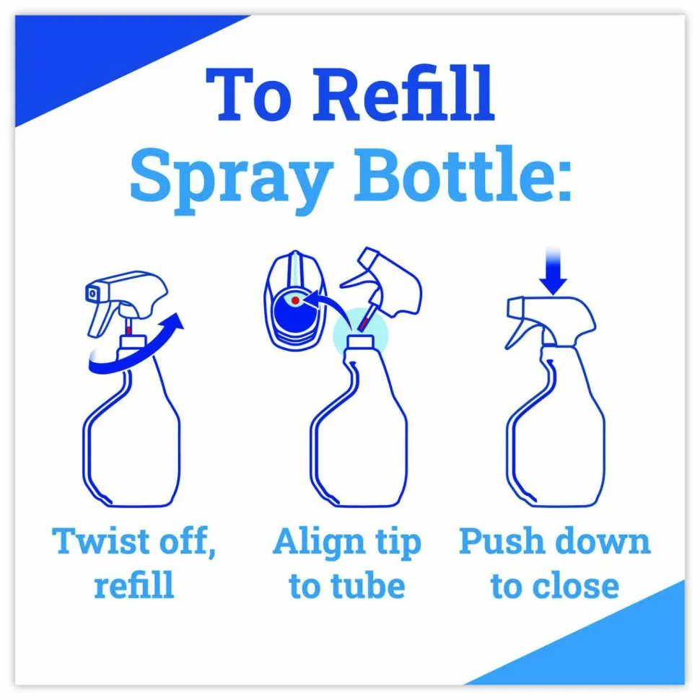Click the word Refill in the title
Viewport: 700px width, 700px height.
(x=403, y=94)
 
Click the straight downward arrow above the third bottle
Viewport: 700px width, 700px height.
(x=553, y=271)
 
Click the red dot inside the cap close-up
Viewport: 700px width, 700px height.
(x=295, y=301)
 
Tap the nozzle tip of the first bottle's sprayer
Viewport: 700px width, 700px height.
(x=92, y=293)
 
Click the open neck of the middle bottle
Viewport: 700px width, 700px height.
(x=361, y=341)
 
